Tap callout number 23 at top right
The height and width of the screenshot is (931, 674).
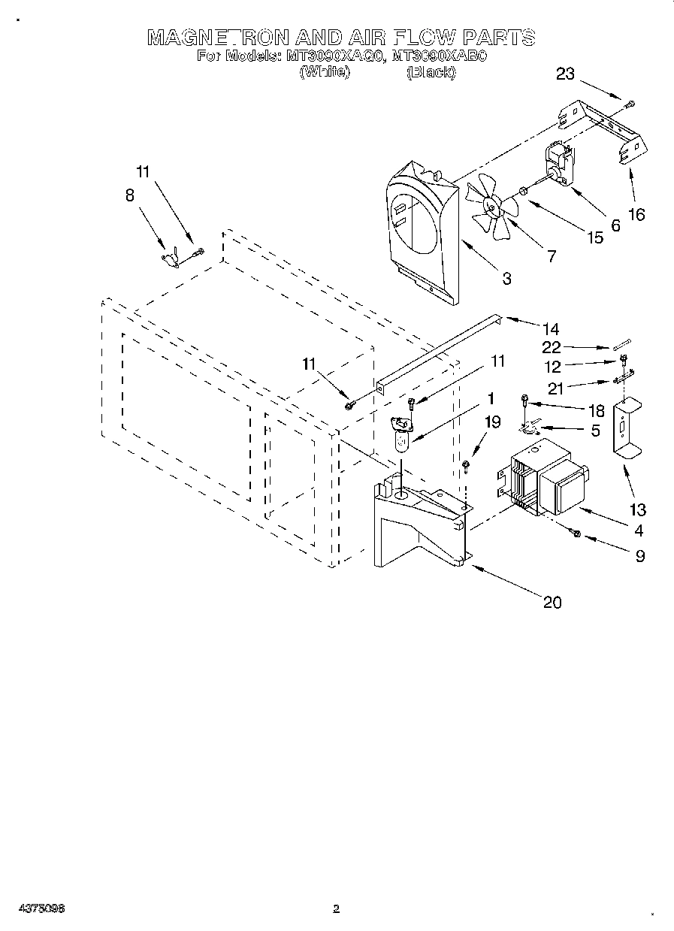(x=566, y=74)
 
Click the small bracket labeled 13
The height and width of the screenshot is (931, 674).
(x=626, y=428)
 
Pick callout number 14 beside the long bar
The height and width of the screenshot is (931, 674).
(x=551, y=328)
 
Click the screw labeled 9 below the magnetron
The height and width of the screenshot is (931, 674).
(x=576, y=533)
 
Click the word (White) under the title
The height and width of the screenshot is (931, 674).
(x=325, y=72)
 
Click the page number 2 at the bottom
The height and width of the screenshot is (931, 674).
(x=337, y=909)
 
